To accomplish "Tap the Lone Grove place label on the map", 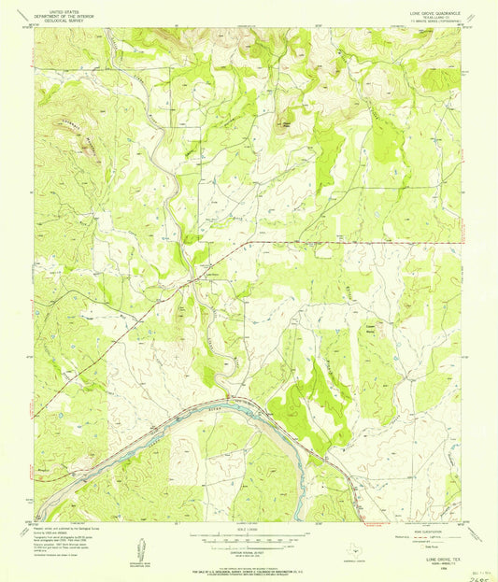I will [211, 275].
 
